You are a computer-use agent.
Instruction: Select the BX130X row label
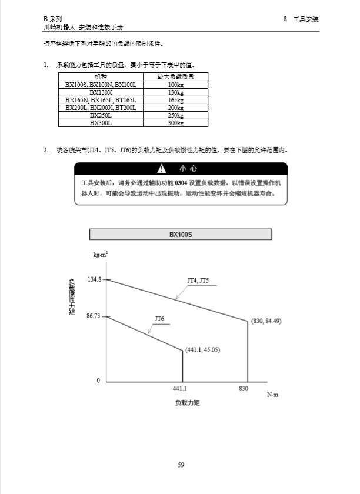pyautogui.click(x=101, y=93)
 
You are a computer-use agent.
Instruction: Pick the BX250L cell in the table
pyautogui.click(x=101, y=116)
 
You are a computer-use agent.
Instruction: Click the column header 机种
pyautogui.click(x=101, y=77)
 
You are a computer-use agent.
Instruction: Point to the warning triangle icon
pyautogui.click(x=161, y=169)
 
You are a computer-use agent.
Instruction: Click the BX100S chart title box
pyautogui.click(x=181, y=235)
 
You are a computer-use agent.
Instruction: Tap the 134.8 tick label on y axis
pyautogui.click(x=94, y=279)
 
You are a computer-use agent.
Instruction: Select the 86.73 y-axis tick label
pyautogui.click(x=94, y=316)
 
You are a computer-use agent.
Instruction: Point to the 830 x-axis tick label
pyautogui.click(x=244, y=389)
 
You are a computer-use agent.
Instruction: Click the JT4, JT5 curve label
pyautogui.click(x=197, y=281)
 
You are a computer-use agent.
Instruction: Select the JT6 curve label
pyautogui.click(x=159, y=319)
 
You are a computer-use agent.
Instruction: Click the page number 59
pyautogui.click(x=181, y=465)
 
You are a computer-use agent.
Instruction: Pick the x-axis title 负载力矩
pyautogui.click(x=188, y=403)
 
